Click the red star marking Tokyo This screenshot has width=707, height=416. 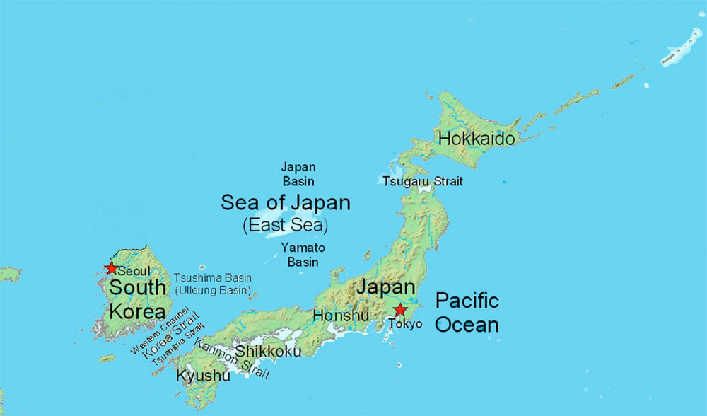pos(400,310)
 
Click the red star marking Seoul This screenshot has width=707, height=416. pos(111,268)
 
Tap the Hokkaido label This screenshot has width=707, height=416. pos(477,138)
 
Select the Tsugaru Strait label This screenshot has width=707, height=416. pos(423,181)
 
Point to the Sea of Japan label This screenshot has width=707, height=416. pos(285,203)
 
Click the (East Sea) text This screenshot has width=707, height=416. pos(285,226)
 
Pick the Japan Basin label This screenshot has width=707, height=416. pos(298,174)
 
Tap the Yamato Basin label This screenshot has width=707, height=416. pos(303,255)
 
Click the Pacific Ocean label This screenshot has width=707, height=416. pos(467,312)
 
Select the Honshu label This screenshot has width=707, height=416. pos(341,316)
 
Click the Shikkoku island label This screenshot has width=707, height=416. pos(268,351)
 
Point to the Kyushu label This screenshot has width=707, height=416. pos(203,375)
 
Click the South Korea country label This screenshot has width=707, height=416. pos(137,299)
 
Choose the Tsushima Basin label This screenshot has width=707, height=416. pos(213,278)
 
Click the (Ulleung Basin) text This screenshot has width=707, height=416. pos(213,290)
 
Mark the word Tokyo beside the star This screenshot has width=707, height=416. pos(405,324)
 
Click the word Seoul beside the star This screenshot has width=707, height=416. pos(134,271)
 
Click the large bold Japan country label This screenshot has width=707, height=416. pos(385,287)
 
